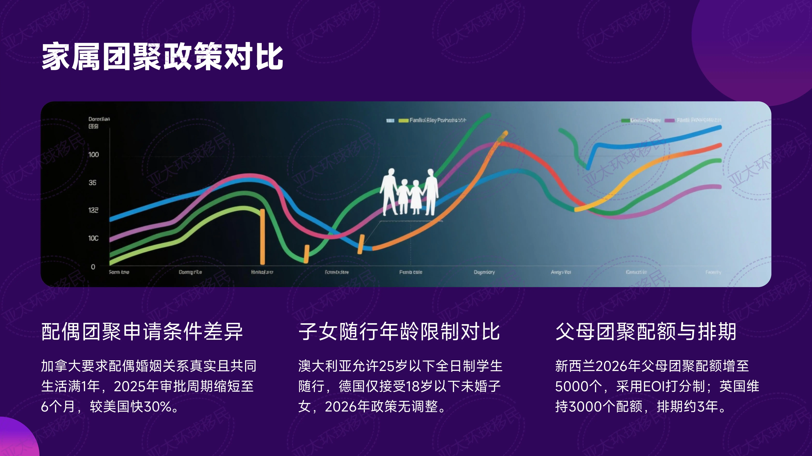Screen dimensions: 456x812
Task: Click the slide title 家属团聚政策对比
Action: coord(162,57)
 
